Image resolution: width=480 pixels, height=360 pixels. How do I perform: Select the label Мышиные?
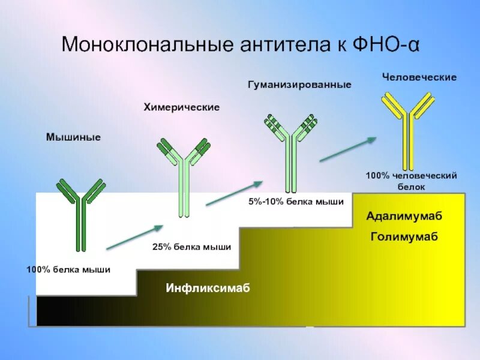tap(74, 137)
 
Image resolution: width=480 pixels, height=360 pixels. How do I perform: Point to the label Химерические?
tap(181, 107)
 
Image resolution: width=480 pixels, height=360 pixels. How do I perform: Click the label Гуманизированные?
tap(299, 85)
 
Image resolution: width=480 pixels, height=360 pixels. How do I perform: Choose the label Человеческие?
tap(419, 77)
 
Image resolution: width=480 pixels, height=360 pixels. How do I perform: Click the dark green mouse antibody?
tap(80, 210)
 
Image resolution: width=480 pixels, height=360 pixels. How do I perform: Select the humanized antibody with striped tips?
tap(290, 150)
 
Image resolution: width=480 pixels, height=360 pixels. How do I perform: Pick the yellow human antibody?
tap(408, 129)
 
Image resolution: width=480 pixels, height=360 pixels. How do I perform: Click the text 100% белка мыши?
tap(68, 269)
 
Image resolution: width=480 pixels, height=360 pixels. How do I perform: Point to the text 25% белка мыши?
tap(191, 247)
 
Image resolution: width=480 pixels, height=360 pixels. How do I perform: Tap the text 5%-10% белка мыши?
tap(296, 202)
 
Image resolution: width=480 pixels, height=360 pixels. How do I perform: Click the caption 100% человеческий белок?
tap(412, 181)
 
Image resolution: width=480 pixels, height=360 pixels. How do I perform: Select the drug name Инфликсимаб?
tap(208, 289)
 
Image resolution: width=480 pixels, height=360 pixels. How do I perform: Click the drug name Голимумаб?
tap(404, 236)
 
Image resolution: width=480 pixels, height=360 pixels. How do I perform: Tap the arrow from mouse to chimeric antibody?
tap(135, 237)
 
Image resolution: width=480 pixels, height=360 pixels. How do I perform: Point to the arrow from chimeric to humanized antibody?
tap(234, 193)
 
